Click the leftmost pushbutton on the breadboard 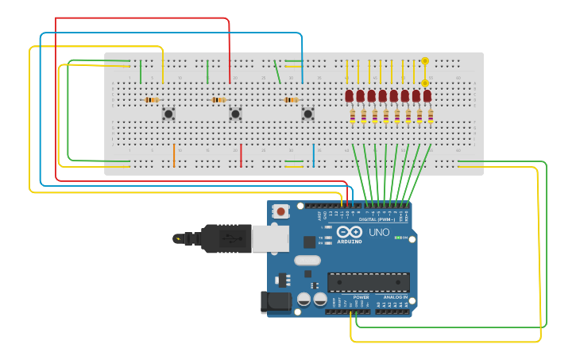[x=168, y=114]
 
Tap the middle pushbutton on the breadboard [x=235, y=114]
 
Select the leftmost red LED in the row [x=349, y=96]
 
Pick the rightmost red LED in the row [x=427, y=96]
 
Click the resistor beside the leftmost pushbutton [x=151, y=100]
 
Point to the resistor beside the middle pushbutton [x=218, y=100]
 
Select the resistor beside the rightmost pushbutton [x=291, y=100]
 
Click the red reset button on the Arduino [x=281, y=211]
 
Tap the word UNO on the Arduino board [x=379, y=233]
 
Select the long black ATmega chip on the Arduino [x=369, y=282]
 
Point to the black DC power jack [x=274, y=302]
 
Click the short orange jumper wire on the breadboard [x=174, y=156]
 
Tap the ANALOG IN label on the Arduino [x=396, y=297]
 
